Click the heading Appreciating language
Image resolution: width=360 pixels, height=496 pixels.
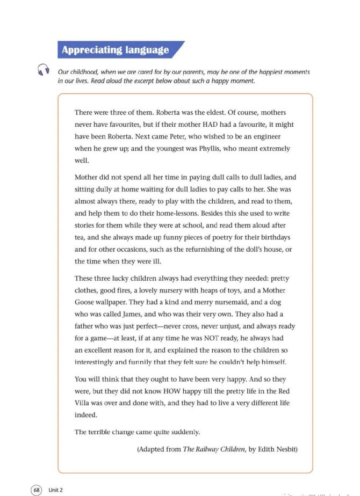115,50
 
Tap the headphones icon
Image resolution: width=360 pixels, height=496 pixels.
43,70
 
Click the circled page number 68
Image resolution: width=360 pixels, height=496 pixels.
37,490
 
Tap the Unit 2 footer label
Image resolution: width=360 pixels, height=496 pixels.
56,490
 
